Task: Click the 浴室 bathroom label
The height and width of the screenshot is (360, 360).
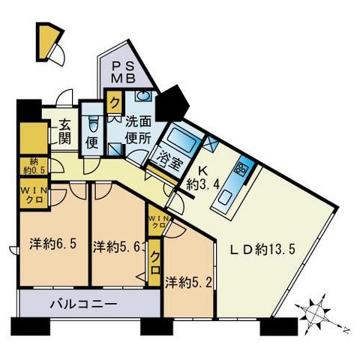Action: pyautogui.click(x=168, y=159)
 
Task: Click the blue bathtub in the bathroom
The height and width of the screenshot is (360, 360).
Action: pyautogui.click(x=181, y=139)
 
